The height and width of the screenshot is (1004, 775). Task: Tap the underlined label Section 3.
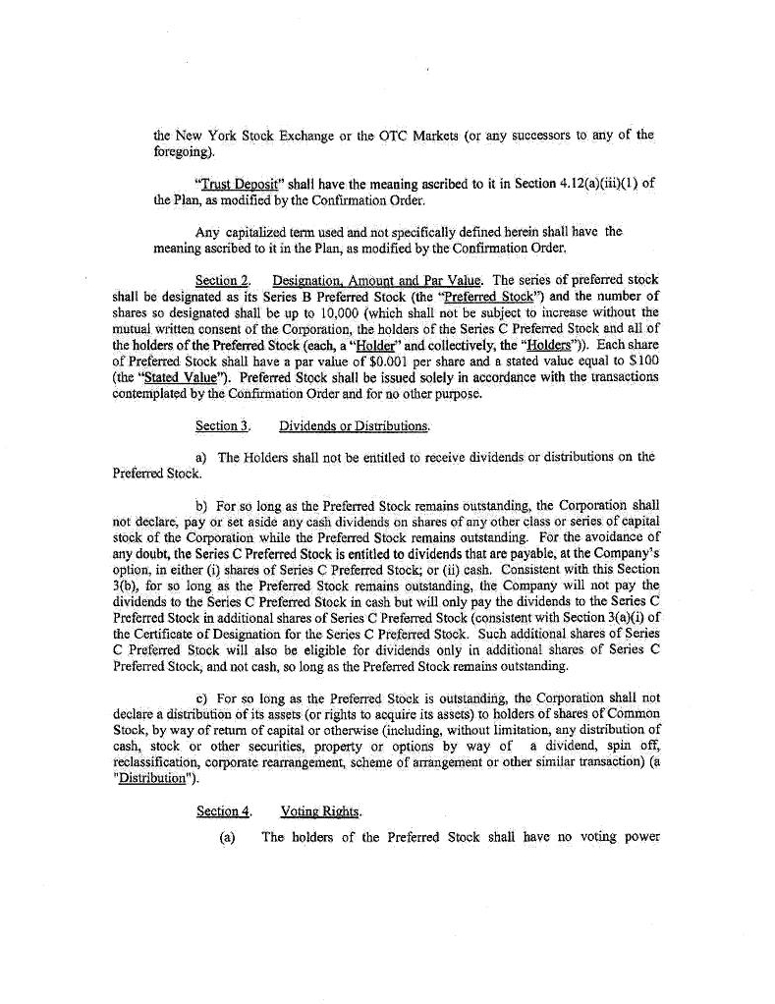[216, 426]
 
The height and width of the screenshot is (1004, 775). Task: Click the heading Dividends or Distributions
[354, 426]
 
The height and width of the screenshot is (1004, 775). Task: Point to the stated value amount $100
[640, 362]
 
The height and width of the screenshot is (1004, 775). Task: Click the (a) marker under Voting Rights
[216, 838]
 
